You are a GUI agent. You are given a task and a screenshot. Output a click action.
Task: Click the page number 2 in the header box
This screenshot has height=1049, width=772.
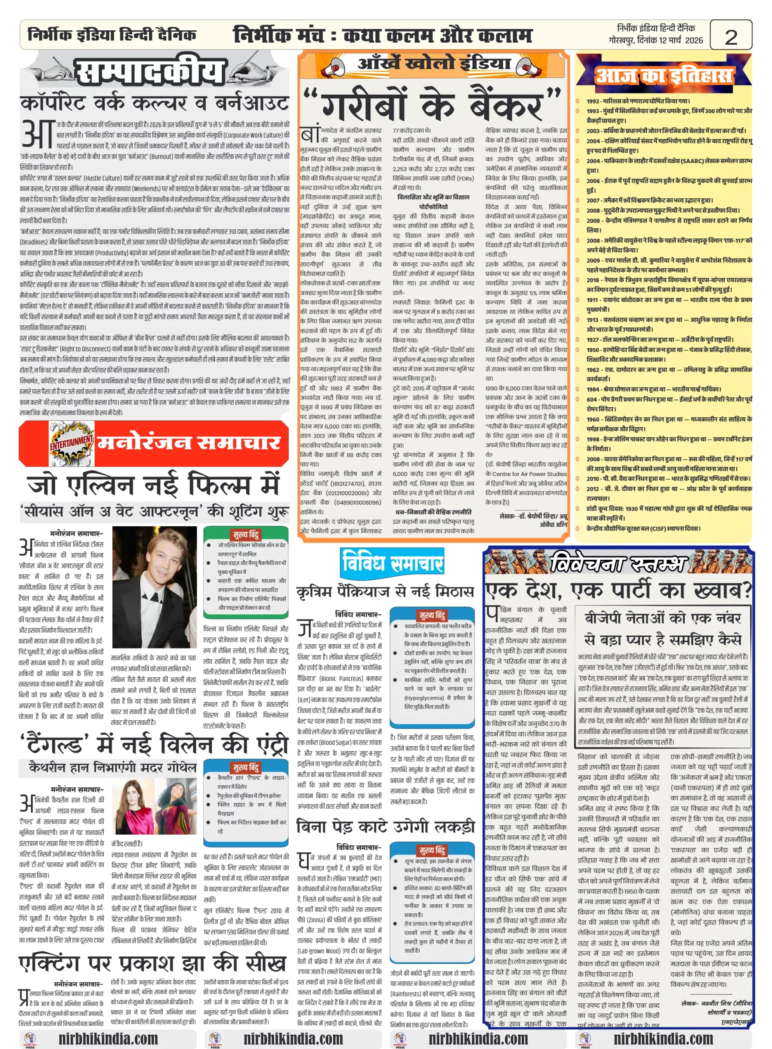coord(731,37)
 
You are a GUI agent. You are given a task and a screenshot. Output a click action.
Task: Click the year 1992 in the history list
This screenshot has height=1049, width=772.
coord(593,101)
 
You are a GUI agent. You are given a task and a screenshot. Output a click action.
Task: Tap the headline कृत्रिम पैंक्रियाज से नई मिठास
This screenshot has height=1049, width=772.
coord(385,592)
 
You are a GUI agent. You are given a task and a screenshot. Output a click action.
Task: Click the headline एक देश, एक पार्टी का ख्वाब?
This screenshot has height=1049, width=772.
coord(618,591)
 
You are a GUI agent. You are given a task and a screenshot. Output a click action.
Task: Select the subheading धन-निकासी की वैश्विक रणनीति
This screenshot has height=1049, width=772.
coord(433,512)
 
